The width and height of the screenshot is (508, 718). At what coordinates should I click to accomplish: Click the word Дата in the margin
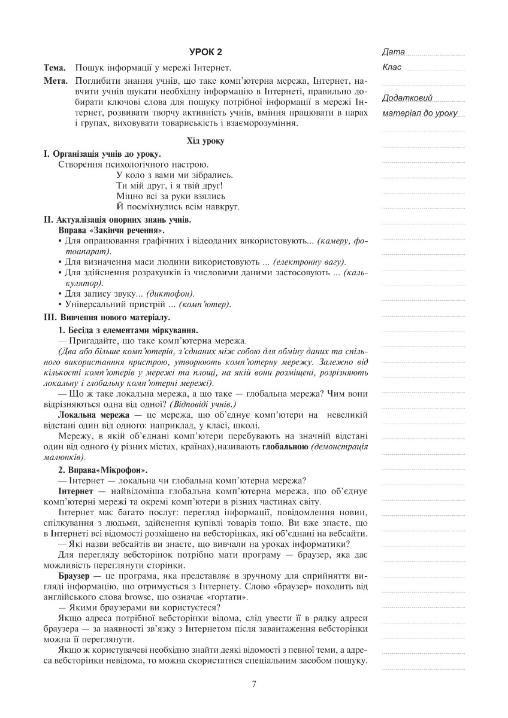393,51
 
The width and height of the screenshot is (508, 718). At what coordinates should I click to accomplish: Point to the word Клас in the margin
392,67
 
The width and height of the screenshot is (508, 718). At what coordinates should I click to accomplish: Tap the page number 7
255,684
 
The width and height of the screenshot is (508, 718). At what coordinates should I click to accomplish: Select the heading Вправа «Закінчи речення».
111,230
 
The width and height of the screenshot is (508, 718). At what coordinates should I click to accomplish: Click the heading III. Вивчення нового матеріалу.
107,317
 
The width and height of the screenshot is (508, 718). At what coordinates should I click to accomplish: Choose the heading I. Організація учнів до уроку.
102,154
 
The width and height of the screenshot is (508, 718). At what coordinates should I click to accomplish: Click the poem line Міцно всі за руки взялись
171,196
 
